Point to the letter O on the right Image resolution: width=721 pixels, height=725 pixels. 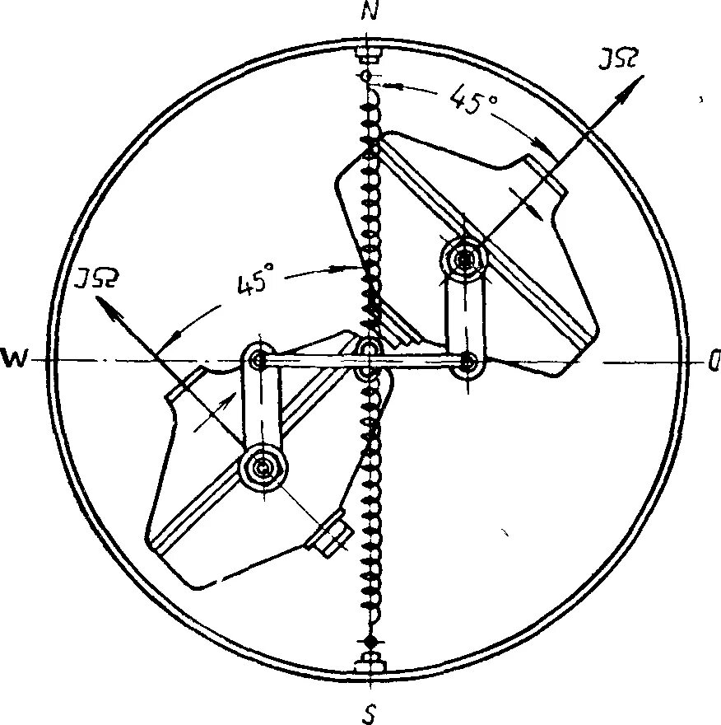pos(713,359)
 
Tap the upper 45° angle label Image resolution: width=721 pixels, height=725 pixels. pos(473,102)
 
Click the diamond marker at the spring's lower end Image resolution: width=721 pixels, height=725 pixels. pos(370,641)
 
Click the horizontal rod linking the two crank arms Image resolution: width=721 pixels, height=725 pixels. pos(313,359)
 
